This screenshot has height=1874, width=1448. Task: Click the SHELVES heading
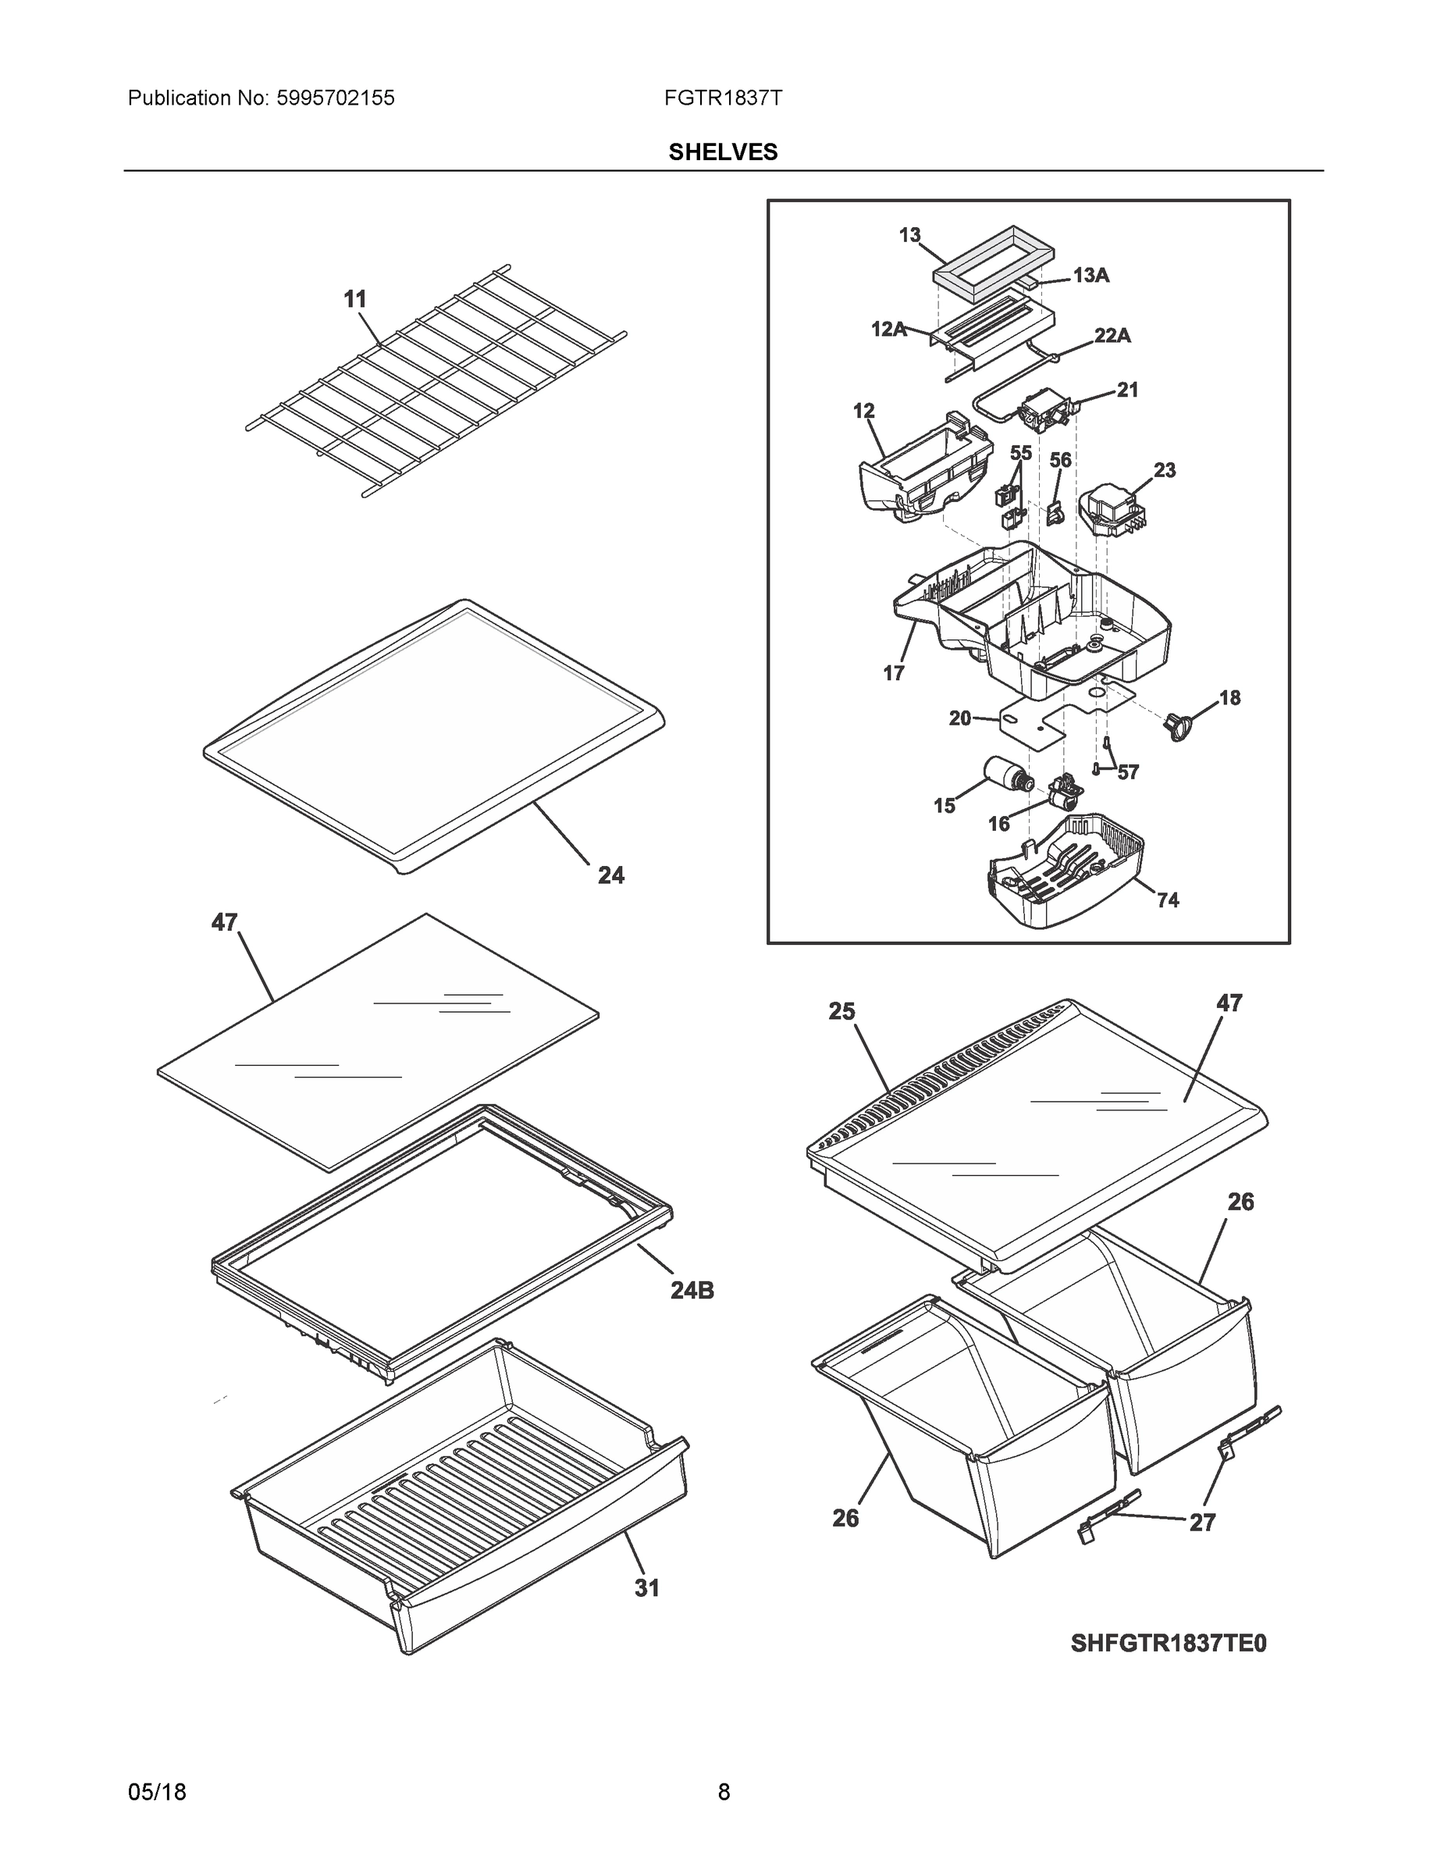pyautogui.click(x=723, y=152)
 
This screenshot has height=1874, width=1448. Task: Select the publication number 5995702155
pyautogui.click(x=336, y=98)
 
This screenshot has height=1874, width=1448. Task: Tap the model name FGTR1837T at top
pyautogui.click(x=723, y=98)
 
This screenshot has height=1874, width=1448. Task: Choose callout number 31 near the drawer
pyautogui.click(x=647, y=1588)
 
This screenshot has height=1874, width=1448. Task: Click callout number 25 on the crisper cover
pyautogui.click(x=841, y=1012)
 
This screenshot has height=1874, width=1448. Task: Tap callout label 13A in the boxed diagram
pyautogui.click(x=1090, y=275)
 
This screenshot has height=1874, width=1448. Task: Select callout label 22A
pyautogui.click(x=1112, y=336)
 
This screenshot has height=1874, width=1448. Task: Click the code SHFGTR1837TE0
pyautogui.click(x=1169, y=1642)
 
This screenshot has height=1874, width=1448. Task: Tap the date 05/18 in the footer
pyautogui.click(x=157, y=1792)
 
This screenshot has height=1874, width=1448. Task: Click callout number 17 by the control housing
pyautogui.click(x=894, y=674)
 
